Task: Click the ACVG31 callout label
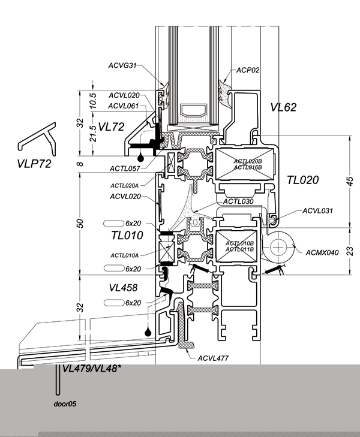tap(122, 65)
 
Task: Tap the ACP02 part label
tap(248, 70)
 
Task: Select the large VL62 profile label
tap(283, 107)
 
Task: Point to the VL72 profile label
tap(111, 127)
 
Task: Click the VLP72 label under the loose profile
tap(34, 164)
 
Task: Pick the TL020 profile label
tap(302, 180)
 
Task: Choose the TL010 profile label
tap(127, 235)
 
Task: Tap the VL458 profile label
tap(123, 288)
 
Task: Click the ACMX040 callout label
tap(322, 252)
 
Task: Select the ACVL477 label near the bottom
tap(213, 358)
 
